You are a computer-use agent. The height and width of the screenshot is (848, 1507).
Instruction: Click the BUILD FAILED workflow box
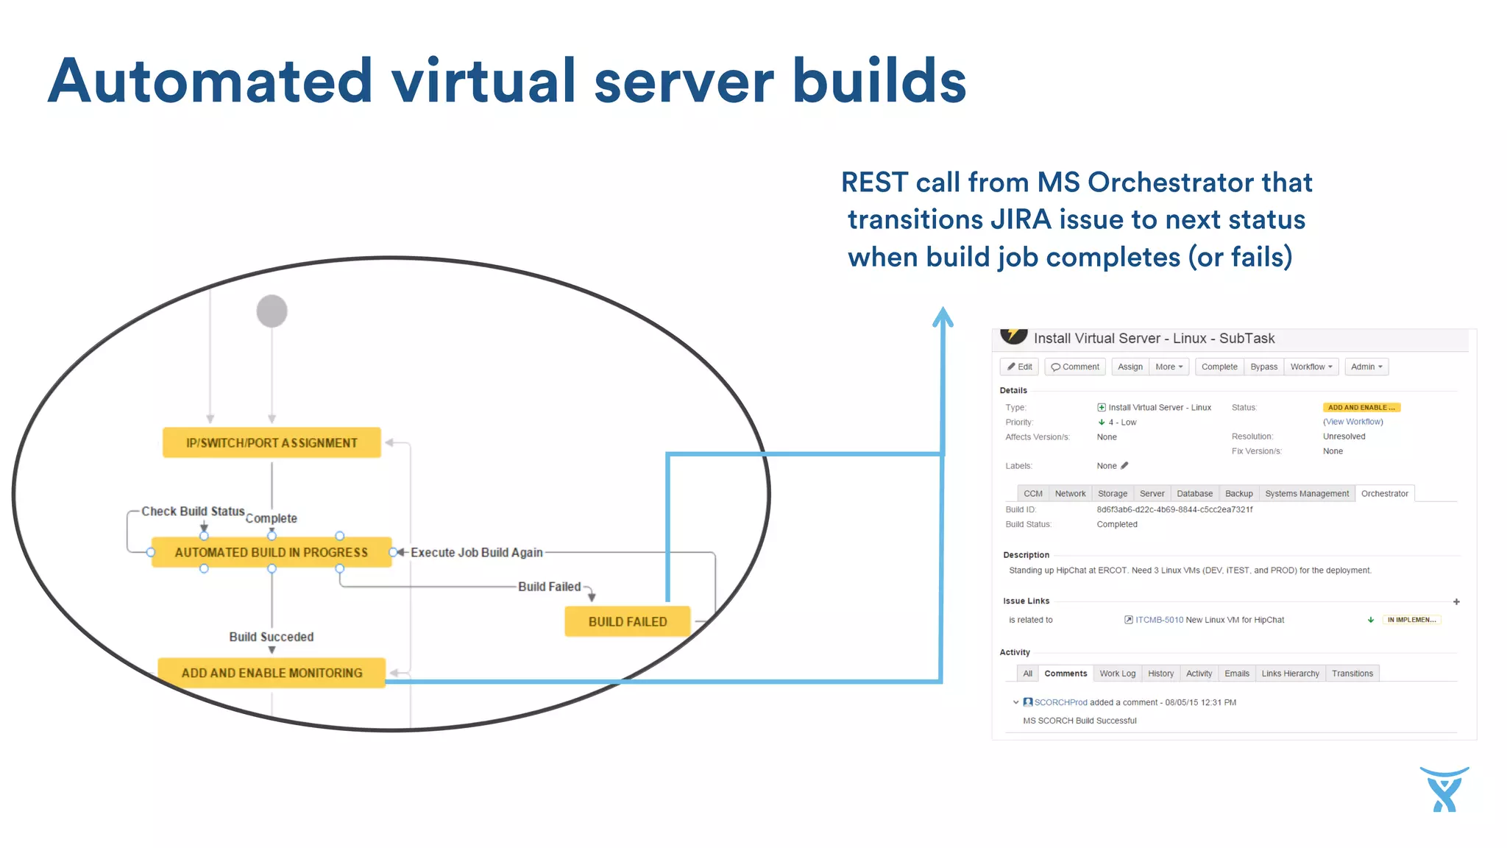coord(627,621)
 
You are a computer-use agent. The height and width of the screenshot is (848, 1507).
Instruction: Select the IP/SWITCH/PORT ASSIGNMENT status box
coord(272,442)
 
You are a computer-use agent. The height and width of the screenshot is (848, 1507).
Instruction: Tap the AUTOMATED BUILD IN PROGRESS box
coord(271,552)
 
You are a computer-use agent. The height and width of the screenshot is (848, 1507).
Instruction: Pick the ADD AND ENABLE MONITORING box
coord(272,673)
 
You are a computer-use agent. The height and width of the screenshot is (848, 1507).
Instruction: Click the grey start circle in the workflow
coord(272,311)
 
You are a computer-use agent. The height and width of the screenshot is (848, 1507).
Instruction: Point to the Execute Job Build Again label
coord(476,552)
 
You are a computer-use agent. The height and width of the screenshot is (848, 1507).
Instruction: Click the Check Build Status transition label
coord(193,511)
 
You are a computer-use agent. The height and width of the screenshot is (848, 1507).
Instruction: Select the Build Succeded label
coord(271,637)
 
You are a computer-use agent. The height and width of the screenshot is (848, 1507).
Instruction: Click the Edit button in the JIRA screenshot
coord(1019,367)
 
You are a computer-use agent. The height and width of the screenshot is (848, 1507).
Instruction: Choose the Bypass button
coord(1263,367)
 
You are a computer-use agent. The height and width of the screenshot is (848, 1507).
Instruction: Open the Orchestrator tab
coord(1384,493)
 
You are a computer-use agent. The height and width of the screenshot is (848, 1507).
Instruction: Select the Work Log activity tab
coord(1117,674)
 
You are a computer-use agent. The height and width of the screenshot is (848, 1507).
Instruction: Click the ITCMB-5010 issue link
coord(1159,620)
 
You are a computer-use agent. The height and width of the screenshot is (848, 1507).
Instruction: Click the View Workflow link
coord(1352,422)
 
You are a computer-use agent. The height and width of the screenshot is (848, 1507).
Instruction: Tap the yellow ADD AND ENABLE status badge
coord(1361,407)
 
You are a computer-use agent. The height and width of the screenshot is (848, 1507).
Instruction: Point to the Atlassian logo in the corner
coord(1444,789)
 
